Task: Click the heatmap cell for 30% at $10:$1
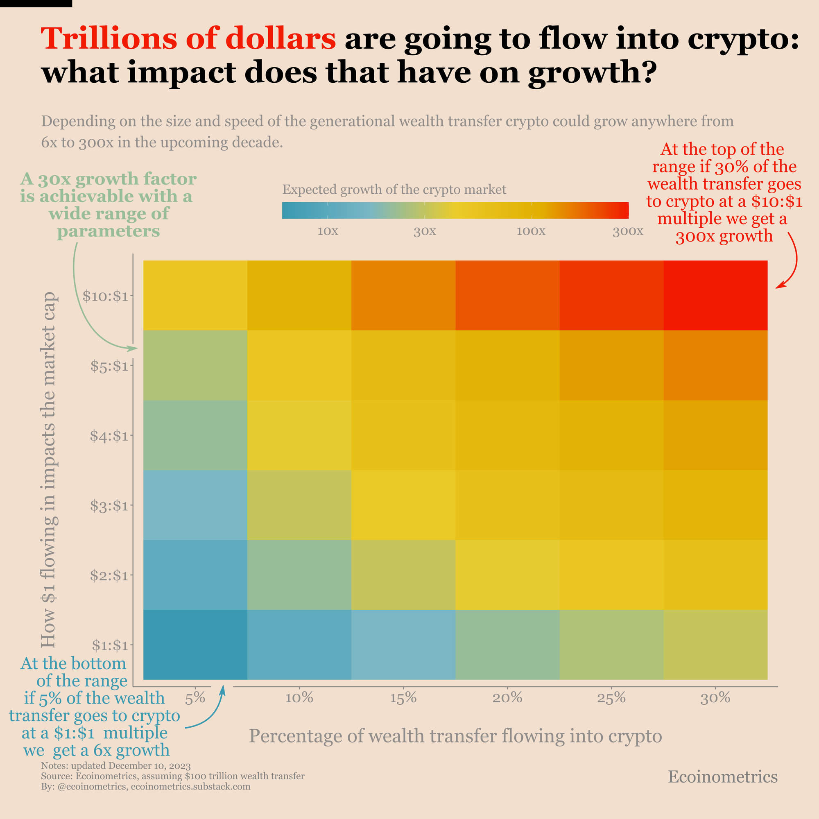(715, 296)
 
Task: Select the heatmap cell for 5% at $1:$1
(195, 644)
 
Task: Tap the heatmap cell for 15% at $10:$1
(403, 296)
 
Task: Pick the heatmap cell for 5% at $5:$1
(195, 365)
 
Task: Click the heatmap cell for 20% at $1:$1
(507, 644)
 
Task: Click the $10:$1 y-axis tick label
(105, 296)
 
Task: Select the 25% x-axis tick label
(611, 697)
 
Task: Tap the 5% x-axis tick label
(195, 697)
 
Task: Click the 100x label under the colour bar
(531, 231)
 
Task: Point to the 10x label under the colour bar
(328, 231)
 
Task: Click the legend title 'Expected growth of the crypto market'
(394, 189)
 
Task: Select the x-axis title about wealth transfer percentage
(455, 735)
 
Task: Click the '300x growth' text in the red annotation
(724, 236)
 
